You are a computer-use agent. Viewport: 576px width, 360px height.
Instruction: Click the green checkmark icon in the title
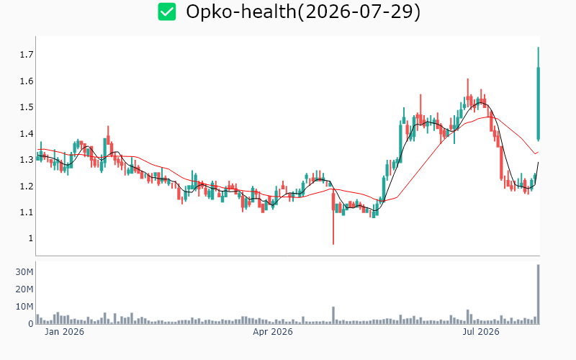(167, 12)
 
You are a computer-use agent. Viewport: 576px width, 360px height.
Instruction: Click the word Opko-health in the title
(241, 12)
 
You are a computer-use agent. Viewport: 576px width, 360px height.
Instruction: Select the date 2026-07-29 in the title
(358, 12)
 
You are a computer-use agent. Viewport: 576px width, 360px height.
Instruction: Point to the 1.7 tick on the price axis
(27, 55)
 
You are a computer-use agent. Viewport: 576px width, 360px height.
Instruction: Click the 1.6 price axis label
(27, 81)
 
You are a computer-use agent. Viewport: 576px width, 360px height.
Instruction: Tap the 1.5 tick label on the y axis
(27, 107)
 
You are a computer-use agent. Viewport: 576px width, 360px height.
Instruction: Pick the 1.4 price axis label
(27, 134)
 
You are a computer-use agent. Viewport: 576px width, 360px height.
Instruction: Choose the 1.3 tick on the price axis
(27, 160)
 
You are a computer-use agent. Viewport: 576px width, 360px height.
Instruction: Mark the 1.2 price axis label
(27, 186)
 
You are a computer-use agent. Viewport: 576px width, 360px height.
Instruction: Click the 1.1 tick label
(27, 212)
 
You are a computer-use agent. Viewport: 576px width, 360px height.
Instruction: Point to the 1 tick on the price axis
(30, 238)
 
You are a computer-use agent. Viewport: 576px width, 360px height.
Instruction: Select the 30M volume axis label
(24, 272)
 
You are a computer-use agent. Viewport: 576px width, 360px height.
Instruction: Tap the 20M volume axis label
(24, 289)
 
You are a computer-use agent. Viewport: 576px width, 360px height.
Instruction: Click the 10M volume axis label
(24, 307)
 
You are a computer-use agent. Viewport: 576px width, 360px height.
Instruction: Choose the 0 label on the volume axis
(31, 323)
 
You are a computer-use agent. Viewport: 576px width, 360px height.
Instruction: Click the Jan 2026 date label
(64, 332)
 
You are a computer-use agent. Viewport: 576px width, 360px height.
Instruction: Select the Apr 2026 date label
(273, 332)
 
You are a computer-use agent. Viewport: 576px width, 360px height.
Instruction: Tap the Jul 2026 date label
(481, 332)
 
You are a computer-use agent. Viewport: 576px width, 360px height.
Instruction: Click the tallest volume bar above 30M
(538, 294)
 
